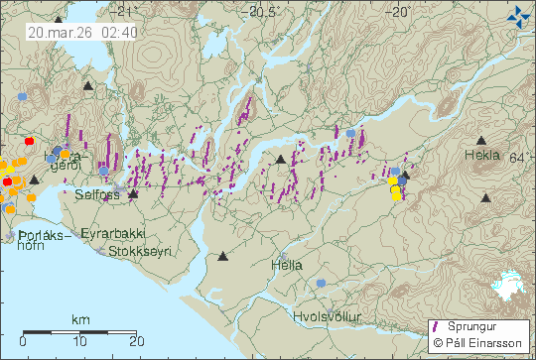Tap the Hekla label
point(483,157)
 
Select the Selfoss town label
point(97,195)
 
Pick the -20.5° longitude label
point(264,12)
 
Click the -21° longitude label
point(123,12)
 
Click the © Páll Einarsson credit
point(479,344)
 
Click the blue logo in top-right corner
point(517,16)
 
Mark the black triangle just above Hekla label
point(482,141)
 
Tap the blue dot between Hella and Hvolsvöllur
point(321,284)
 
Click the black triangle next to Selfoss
point(133,193)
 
